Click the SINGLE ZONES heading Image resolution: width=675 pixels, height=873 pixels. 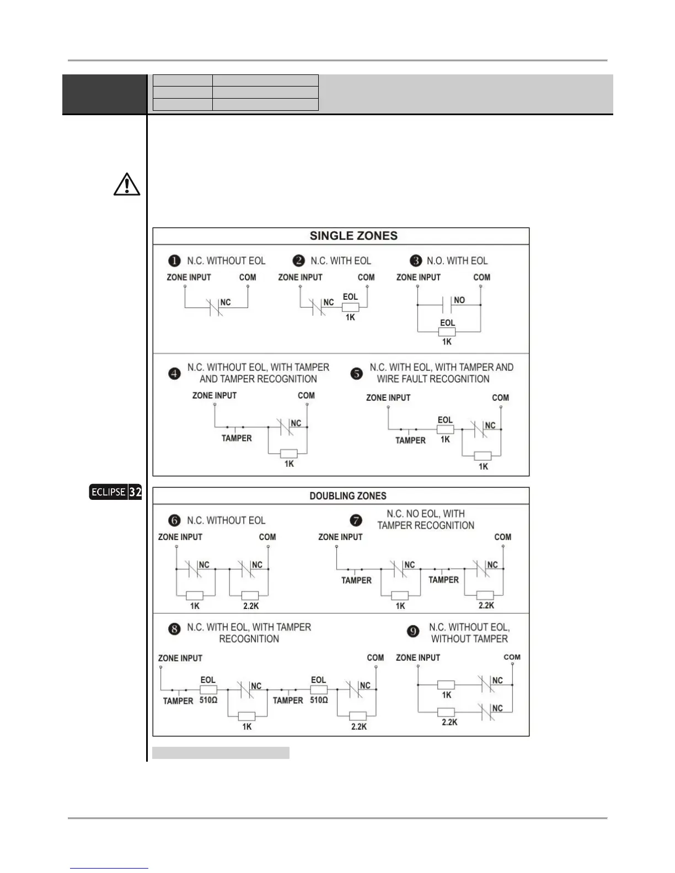tap(353, 236)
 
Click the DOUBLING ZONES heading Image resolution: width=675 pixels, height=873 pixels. tap(348, 496)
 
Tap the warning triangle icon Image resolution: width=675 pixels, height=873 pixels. tap(127, 185)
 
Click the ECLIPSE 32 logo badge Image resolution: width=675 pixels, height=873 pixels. tap(116, 492)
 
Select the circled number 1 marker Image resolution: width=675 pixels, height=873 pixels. tap(174, 261)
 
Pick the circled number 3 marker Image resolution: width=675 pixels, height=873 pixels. tap(416, 261)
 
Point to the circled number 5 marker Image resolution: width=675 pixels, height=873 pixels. tap(357, 374)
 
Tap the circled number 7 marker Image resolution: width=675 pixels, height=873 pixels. tap(357, 520)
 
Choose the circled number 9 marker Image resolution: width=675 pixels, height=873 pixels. tap(413, 632)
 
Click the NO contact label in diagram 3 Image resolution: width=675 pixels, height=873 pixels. tap(459, 300)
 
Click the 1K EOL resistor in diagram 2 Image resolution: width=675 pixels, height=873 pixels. tap(351, 308)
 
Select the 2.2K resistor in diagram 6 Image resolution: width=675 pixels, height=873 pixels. tap(250, 596)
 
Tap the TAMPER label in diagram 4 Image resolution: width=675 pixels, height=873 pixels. tap(237, 438)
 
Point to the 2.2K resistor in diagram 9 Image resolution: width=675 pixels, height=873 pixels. tap(447, 712)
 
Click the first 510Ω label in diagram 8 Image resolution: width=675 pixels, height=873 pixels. tap(208, 700)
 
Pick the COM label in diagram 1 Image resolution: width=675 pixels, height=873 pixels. tap(248, 277)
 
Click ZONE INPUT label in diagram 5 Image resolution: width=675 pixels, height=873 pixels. tap(388, 397)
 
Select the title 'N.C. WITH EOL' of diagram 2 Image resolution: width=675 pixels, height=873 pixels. tap(341, 261)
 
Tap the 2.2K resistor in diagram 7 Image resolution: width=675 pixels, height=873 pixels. tap(485, 595)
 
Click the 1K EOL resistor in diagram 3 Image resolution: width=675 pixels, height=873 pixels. tap(447, 332)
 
